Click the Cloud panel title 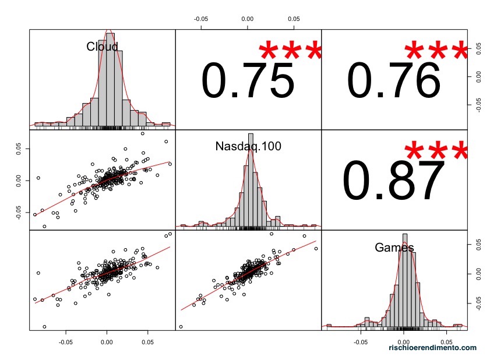coord(102,47)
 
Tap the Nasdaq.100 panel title coord(248,146)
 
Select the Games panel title coord(394,248)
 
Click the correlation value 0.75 coord(248,80)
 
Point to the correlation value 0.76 coord(394,80)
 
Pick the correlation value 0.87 coord(394,181)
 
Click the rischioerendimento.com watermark coord(432,347)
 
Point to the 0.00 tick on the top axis coord(248,19)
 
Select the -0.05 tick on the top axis coord(201,19)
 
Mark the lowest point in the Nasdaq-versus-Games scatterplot coord(181,327)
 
